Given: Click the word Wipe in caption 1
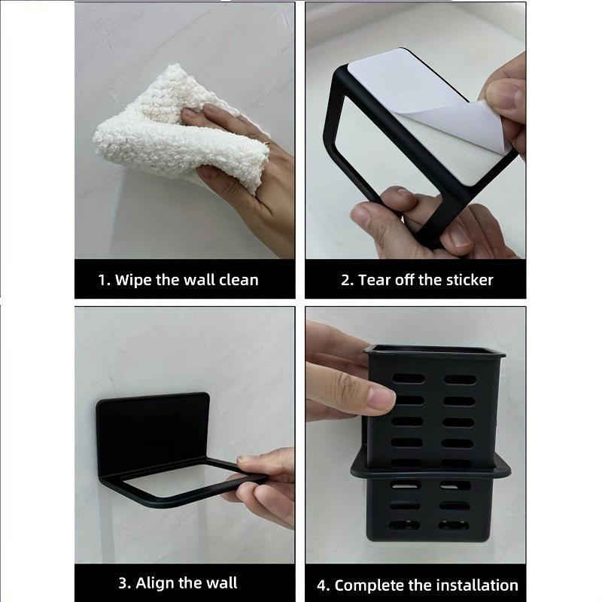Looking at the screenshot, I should pos(134,280).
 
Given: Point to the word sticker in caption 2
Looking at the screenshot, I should pos(467,280).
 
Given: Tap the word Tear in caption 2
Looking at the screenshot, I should pos(375,280).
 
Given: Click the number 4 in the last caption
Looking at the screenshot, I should pos(322,585).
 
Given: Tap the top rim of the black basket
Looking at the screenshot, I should pos(434,351).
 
